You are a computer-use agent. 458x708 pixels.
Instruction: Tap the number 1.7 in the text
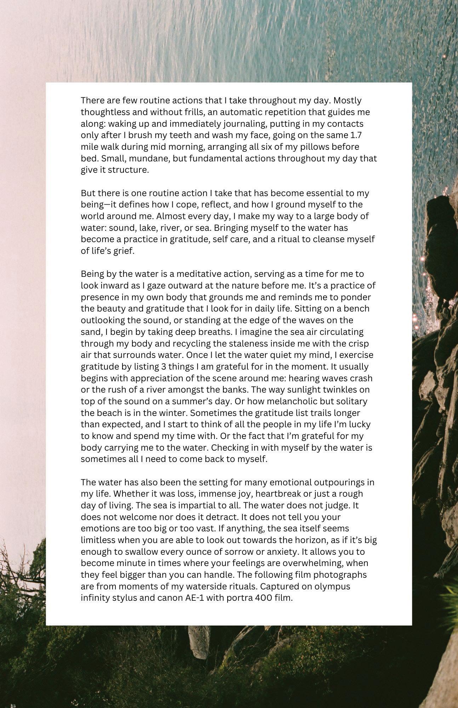pos(356,135)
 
